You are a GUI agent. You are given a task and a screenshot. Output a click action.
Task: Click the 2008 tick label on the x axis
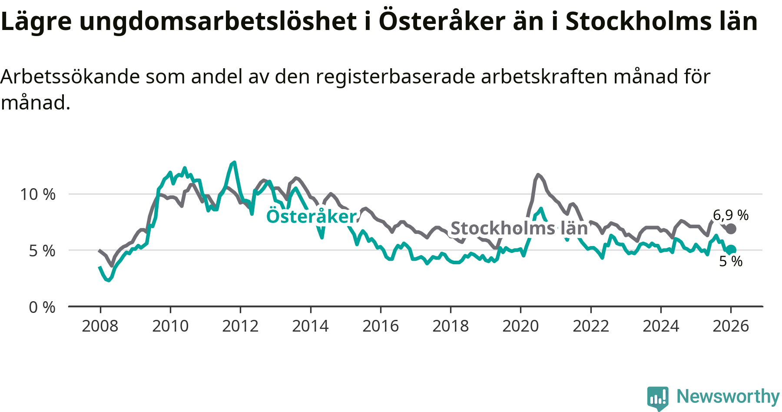pyautogui.click(x=100, y=326)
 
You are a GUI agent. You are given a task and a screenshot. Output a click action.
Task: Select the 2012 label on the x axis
pyautogui.click(x=240, y=326)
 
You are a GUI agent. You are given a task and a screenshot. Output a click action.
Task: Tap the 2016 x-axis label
pyautogui.click(x=381, y=326)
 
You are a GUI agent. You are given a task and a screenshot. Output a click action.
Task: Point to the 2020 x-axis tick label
pyautogui.click(x=520, y=326)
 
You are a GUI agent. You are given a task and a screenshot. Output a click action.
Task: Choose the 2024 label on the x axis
pyautogui.click(x=661, y=326)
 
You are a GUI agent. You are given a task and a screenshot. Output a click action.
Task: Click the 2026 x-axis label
pyautogui.click(x=731, y=326)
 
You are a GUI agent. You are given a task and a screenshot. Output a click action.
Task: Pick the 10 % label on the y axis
pyautogui.click(x=38, y=194)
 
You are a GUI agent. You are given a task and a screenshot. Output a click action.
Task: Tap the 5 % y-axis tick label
pyautogui.click(x=42, y=251)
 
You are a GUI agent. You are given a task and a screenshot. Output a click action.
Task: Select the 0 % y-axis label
pyautogui.click(x=42, y=307)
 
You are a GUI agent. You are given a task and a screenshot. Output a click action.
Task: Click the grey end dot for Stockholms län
pyautogui.click(x=731, y=229)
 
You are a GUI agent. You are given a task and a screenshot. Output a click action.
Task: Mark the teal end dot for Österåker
pyautogui.click(x=731, y=249)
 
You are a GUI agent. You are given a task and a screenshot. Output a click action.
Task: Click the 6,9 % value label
pyautogui.click(x=731, y=215)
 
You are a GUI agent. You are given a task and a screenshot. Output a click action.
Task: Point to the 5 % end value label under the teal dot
pyautogui.click(x=731, y=261)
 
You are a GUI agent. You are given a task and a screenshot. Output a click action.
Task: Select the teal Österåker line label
pyautogui.click(x=311, y=216)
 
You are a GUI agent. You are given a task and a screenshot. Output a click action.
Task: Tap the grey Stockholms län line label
pyautogui.click(x=519, y=228)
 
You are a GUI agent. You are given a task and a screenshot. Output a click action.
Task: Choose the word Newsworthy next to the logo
pyautogui.click(x=728, y=396)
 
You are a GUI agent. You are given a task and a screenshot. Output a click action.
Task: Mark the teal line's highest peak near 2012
pyautogui.click(x=235, y=162)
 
